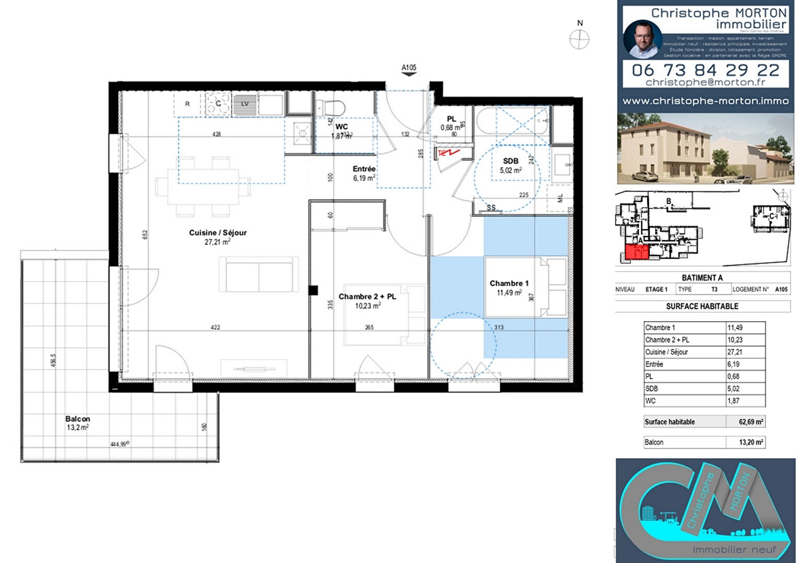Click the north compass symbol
point(579,39)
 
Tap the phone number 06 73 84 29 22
point(705,70)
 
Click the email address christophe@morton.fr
point(705,82)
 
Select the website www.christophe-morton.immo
point(705,101)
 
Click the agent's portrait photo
point(642,40)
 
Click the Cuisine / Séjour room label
point(217,233)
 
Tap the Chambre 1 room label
point(509,284)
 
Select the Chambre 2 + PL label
point(367,297)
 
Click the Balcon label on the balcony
point(78,419)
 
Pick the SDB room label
point(511,161)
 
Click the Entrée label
point(364,169)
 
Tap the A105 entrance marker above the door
point(409,68)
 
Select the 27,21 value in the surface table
point(735,352)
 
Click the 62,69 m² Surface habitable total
point(750,422)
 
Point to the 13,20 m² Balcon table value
point(750,443)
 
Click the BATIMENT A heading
point(702,278)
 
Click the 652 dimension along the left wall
point(145,235)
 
